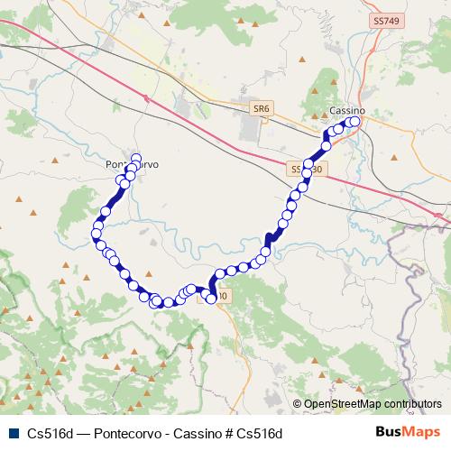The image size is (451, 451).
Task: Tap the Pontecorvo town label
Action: click(x=132, y=166)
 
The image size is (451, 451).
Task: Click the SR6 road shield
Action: click(x=261, y=108)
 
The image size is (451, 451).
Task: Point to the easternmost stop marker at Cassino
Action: click(x=354, y=122)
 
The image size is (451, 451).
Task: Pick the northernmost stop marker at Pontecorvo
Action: click(x=136, y=158)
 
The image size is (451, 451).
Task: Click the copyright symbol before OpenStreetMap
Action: click(x=298, y=405)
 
